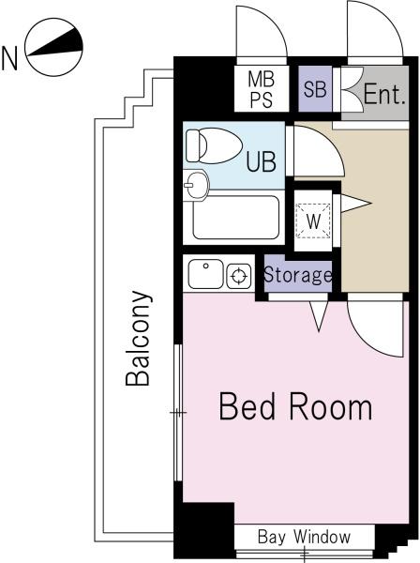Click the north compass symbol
(54, 48)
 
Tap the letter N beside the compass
(9, 58)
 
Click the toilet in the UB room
(214, 145)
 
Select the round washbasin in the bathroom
(196, 185)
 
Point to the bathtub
(235, 218)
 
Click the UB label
(262, 161)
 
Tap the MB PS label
(262, 89)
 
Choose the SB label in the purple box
(315, 89)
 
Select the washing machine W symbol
(313, 221)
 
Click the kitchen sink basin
(205, 274)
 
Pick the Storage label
(298, 275)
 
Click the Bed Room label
(295, 406)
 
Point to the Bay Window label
(304, 537)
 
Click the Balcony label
(138, 338)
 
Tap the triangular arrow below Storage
(319, 315)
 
